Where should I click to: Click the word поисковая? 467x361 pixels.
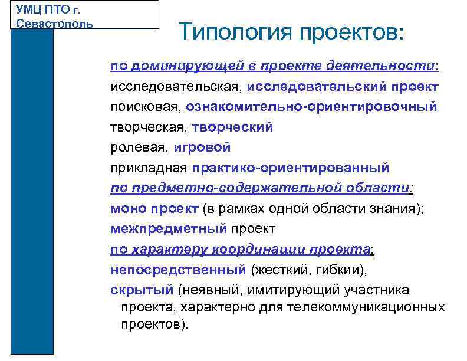pos(145,107)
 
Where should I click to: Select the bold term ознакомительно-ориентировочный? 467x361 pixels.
pos(311,107)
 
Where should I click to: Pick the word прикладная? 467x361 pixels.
pos(149,168)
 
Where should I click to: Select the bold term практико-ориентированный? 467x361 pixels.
pos(290,168)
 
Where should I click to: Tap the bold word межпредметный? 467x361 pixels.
pos(169,228)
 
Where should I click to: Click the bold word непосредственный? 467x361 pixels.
pos(178,269)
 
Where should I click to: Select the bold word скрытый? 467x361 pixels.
pos(142,290)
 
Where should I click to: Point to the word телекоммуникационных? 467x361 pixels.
pos(366,307)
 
